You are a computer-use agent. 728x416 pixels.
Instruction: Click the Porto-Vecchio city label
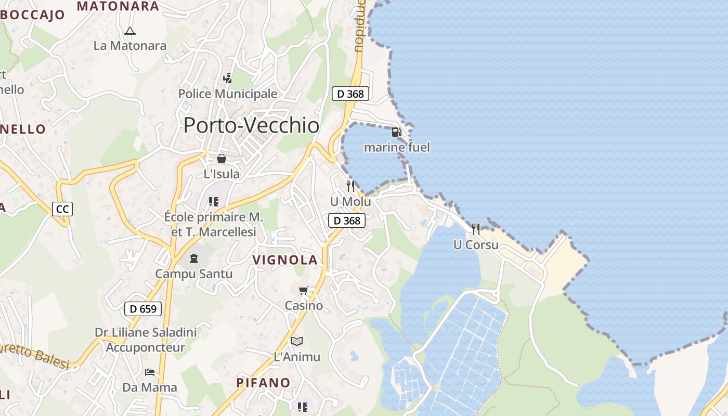coord(252,125)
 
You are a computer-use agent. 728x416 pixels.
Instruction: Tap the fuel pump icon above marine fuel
coord(396,132)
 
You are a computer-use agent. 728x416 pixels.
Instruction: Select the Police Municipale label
coord(228,94)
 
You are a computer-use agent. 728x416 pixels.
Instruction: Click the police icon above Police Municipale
coord(227,79)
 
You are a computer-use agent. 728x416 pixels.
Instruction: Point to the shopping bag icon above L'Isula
coord(222,159)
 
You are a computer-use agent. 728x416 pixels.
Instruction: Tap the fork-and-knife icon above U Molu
coord(350,186)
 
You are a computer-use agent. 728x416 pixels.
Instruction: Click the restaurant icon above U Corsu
coord(476,229)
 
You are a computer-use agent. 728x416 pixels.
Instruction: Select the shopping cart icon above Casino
coord(304,290)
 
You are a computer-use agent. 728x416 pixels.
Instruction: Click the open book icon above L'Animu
coord(297,341)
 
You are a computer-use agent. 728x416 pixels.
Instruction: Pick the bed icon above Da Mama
coord(150,372)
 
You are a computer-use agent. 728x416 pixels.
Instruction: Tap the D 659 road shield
coord(143,309)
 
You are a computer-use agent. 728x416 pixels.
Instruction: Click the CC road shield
coord(62,209)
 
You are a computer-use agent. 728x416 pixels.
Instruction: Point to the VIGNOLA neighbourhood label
coord(285,260)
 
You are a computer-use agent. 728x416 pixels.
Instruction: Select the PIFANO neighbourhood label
coord(264,383)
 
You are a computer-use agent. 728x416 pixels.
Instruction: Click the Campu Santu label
coord(194,274)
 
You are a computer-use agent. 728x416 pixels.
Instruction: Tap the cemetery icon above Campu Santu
coord(194,258)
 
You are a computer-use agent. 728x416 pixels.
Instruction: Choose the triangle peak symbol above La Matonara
coord(130,31)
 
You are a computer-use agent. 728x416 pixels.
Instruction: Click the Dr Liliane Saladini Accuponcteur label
coord(146,340)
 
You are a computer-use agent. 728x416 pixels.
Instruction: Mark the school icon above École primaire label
coord(214,201)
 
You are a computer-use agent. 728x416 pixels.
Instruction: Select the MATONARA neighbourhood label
coord(118,6)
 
